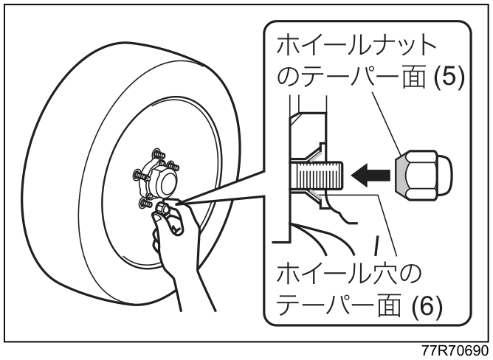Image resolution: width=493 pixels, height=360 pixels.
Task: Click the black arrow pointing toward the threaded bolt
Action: point(371,175)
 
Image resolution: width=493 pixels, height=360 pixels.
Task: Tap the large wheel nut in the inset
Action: point(424,176)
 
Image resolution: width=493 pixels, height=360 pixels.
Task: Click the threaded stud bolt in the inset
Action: point(316,175)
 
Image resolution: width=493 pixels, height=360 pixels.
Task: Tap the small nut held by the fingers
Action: point(163,207)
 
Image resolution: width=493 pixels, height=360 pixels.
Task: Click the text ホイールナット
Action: point(356,44)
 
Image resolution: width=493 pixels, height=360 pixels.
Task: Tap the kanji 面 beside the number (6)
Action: point(390,305)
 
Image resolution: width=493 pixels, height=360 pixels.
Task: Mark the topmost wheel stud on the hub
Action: point(158,154)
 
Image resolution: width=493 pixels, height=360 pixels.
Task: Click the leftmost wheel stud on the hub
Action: point(140,175)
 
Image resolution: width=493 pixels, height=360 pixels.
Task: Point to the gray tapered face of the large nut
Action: point(399,176)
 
